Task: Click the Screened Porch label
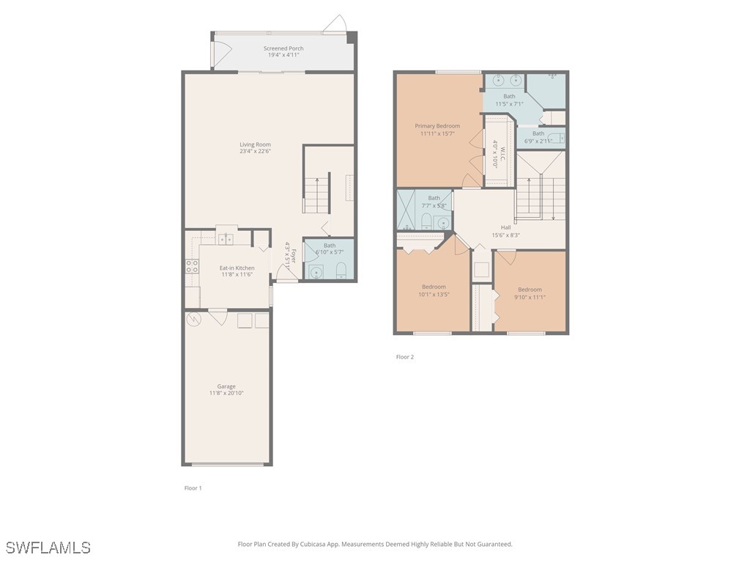coord(283,48)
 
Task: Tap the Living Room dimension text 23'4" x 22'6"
coord(255,152)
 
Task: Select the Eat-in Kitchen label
coord(237,268)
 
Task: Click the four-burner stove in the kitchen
coord(192,266)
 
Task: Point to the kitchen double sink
coord(226,239)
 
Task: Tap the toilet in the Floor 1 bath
coord(340,273)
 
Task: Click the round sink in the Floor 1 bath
coord(316,272)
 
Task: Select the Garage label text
coord(226,386)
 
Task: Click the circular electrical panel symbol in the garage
coord(194,319)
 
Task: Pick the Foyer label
coord(293,256)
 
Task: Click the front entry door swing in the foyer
coord(283,273)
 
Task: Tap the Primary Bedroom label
coord(437,126)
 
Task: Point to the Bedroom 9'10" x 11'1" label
coord(530,290)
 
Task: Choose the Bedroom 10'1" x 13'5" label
coord(434,287)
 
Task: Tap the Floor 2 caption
coord(405,357)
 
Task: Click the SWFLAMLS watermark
coord(48,548)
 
